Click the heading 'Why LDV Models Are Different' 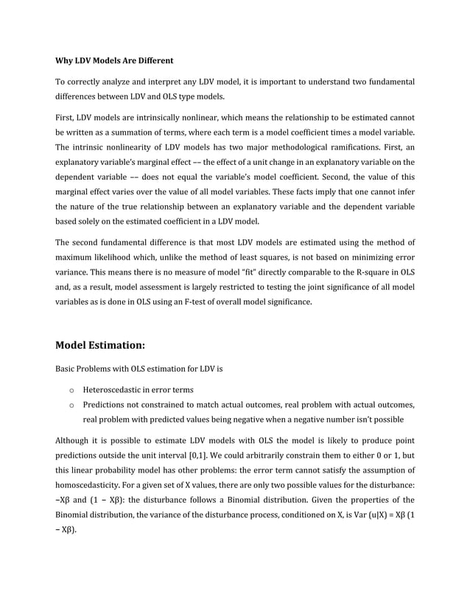[114, 60]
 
